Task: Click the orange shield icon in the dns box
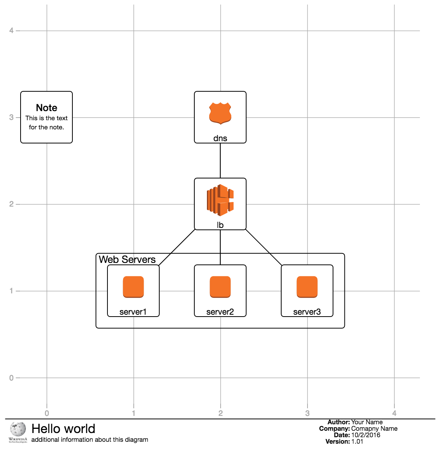(220, 113)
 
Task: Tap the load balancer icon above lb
(220, 200)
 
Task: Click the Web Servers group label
(127, 260)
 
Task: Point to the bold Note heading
(46, 108)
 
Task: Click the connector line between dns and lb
(220, 161)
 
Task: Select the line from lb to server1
(177, 247)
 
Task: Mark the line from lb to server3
(263, 247)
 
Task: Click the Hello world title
(63, 429)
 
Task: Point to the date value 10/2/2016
(366, 435)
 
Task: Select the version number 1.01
(357, 441)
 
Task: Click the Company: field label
(334, 428)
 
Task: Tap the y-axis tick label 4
(11, 30)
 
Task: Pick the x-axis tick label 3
(307, 413)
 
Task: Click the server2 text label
(220, 312)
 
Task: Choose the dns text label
(220, 139)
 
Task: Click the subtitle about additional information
(90, 439)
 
